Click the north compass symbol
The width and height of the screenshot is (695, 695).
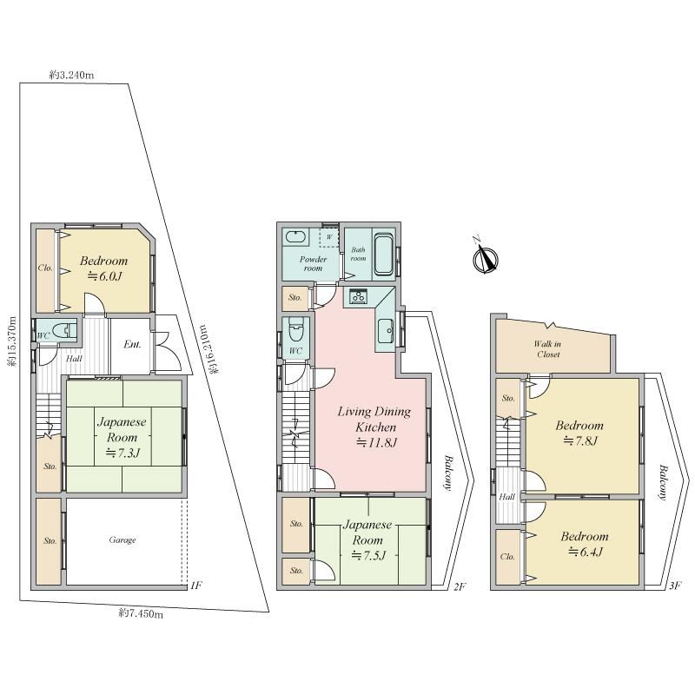pos(486,257)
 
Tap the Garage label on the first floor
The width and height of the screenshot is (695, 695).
pos(122,539)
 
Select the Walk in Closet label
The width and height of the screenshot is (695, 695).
pos(548,349)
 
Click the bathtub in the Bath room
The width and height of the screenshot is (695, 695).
pos(383,255)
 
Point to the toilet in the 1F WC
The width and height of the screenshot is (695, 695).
pos(63,330)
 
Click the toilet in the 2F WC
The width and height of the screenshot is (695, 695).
pos(295,328)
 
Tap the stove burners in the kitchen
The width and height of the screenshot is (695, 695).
pos(357,296)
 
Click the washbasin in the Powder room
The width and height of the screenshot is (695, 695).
pos(295,236)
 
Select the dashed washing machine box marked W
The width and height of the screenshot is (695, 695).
pos(329,237)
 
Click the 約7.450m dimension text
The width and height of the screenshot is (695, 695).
pos(141,613)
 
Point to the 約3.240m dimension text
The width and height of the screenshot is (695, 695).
pos(71,75)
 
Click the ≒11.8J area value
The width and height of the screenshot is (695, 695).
pos(376,442)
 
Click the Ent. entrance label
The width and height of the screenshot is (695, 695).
pos(132,344)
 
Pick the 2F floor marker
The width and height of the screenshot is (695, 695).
pos(460,586)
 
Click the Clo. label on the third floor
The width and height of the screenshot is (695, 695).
pos(507,557)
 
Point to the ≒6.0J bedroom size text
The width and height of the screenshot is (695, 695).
pos(104,276)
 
